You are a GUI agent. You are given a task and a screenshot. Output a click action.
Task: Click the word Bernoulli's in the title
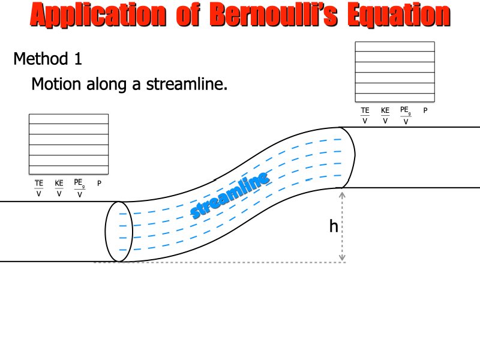pos(274,14)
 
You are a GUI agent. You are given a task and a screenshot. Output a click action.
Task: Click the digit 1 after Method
pos(79,58)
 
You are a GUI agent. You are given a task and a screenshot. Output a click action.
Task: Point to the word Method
pos(41,58)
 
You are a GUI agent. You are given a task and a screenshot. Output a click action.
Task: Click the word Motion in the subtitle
pos(56,83)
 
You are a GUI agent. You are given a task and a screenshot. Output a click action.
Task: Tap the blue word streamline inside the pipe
pos(230,195)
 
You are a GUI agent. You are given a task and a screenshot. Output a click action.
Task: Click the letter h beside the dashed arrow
pos(334,226)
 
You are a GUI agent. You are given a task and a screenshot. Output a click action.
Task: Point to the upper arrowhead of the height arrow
pos(342,195)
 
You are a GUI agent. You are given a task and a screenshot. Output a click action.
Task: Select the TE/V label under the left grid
pos(39,188)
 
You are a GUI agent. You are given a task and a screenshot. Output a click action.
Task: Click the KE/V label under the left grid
pos(59,188)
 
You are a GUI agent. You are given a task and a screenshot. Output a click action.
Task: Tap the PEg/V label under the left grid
pos(80,188)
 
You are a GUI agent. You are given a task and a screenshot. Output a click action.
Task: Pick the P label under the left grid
pos(99,184)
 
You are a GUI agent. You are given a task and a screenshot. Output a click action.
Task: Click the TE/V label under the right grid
pos(365,115)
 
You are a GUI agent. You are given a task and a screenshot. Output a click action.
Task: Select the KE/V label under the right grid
pos(385,115)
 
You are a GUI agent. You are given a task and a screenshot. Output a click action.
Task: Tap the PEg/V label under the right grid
pos(406,115)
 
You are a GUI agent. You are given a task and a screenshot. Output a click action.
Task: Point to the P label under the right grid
pos(425,110)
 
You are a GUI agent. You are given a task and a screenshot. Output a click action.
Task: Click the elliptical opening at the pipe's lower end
pos(119,232)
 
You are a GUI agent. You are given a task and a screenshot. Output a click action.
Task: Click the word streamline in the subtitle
pos(187,83)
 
